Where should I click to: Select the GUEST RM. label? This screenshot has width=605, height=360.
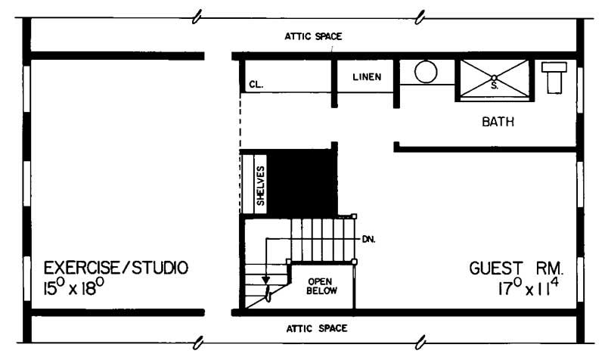click(x=517, y=268)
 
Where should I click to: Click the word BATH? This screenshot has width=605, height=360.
click(x=498, y=121)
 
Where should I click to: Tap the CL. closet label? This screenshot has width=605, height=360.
click(x=255, y=85)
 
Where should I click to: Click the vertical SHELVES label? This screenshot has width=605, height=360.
click(x=259, y=185)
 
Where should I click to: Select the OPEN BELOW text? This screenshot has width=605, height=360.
click(x=321, y=285)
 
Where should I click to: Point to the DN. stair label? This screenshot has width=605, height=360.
click(x=369, y=238)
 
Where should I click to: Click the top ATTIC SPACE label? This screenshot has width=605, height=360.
click(x=313, y=36)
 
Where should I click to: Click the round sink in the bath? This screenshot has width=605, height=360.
click(x=426, y=73)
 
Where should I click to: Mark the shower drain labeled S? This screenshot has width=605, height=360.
click(x=494, y=77)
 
